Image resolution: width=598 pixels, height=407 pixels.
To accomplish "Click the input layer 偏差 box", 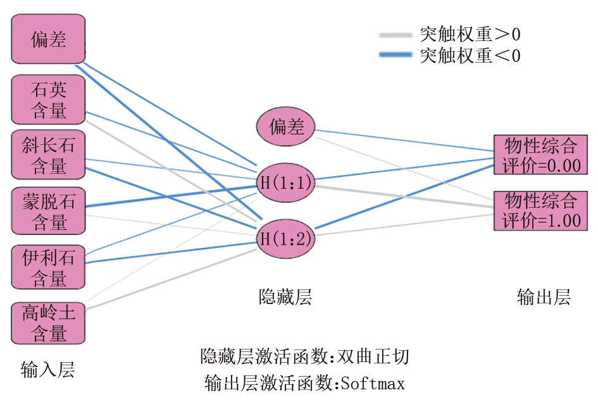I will pyautogui.click(x=49, y=39).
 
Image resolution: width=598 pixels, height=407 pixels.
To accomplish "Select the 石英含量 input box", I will pyautogui.click(x=49, y=99).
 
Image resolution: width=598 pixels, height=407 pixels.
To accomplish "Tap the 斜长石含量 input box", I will pyautogui.click(x=49, y=155).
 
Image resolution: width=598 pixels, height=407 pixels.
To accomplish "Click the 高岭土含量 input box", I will pyautogui.click(x=49, y=323).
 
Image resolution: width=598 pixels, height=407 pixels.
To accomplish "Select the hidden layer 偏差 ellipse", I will pyautogui.click(x=287, y=127).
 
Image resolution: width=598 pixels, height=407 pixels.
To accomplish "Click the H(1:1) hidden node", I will pyautogui.click(x=287, y=183).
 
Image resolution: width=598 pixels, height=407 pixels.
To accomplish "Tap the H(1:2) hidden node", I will pyautogui.click(x=287, y=239).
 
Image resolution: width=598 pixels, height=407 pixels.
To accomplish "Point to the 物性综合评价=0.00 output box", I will pyautogui.click(x=542, y=155).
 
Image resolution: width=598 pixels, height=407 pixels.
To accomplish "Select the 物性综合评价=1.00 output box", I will pyautogui.click(x=542, y=210).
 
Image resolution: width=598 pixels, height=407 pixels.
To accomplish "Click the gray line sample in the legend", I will pyautogui.click(x=396, y=34).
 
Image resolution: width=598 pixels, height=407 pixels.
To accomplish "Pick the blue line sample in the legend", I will pyautogui.click(x=396, y=56).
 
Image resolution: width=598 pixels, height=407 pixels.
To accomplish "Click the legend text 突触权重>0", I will pyautogui.click(x=470, y=34).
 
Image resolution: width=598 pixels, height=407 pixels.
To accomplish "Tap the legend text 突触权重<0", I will pyautogui.click(x=470, y=56).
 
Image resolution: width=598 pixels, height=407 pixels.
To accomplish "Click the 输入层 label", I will pyautogui.click(x=48, y=370).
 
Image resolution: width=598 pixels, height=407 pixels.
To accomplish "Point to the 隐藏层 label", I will pyautogui.click(x=285, y=297).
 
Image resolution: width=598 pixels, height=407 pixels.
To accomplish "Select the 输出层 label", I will pyautogui.click(x=544, y=297).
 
